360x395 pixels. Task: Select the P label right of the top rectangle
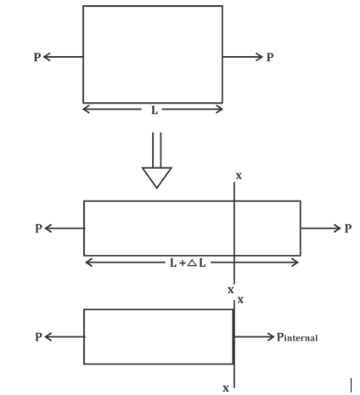click(270, 58)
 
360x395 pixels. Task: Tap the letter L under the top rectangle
click(153, 110)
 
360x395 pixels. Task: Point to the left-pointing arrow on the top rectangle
click(63, 58)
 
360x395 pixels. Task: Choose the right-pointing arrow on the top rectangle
click(243, 58)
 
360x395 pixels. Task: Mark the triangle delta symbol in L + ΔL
click(192, 262)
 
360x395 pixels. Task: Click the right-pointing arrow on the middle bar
click(321, 229)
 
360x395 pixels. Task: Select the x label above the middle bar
click(238, 176)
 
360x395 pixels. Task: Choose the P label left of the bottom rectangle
click(38, 337)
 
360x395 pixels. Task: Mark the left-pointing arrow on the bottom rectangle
click(64, 337)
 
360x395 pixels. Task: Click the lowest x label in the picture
click(226, 387)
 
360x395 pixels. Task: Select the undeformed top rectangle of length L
click(153, 54)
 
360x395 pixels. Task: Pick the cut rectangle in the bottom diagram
click(159, 337)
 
